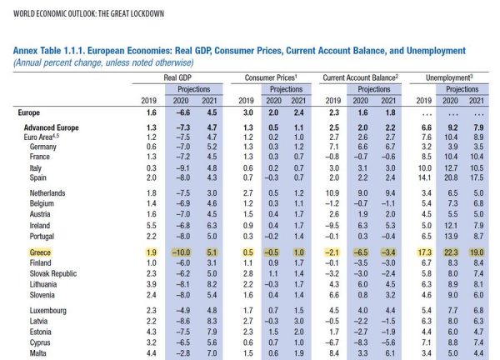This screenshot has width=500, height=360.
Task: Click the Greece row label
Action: [31, 251]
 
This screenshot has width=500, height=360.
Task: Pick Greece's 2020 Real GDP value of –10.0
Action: [181, 251]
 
